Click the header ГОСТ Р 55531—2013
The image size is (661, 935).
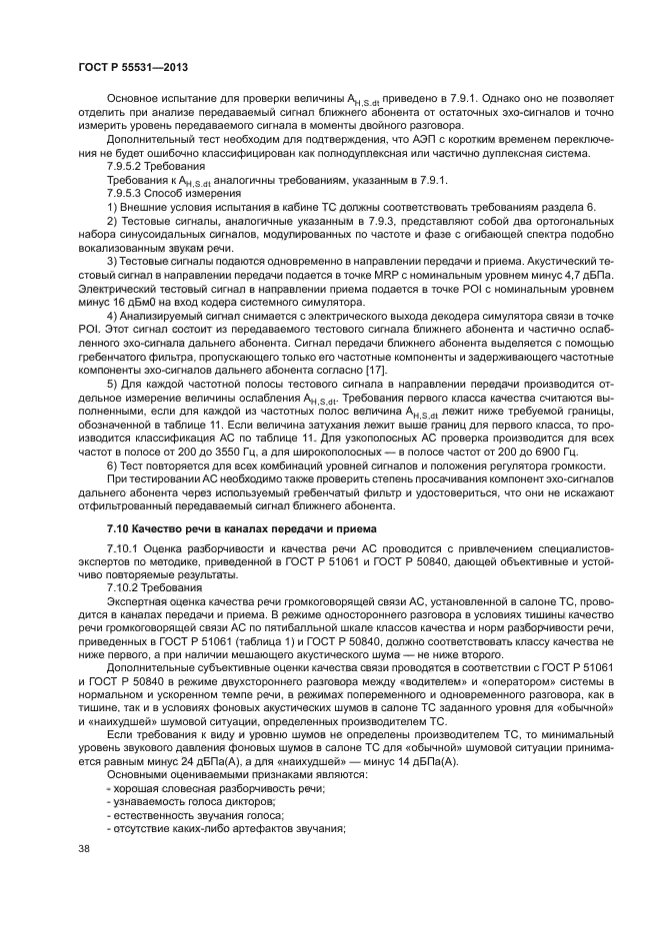[133, 67]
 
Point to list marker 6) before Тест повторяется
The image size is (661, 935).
[111, 467]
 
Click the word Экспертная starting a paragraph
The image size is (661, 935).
[138, 603]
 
